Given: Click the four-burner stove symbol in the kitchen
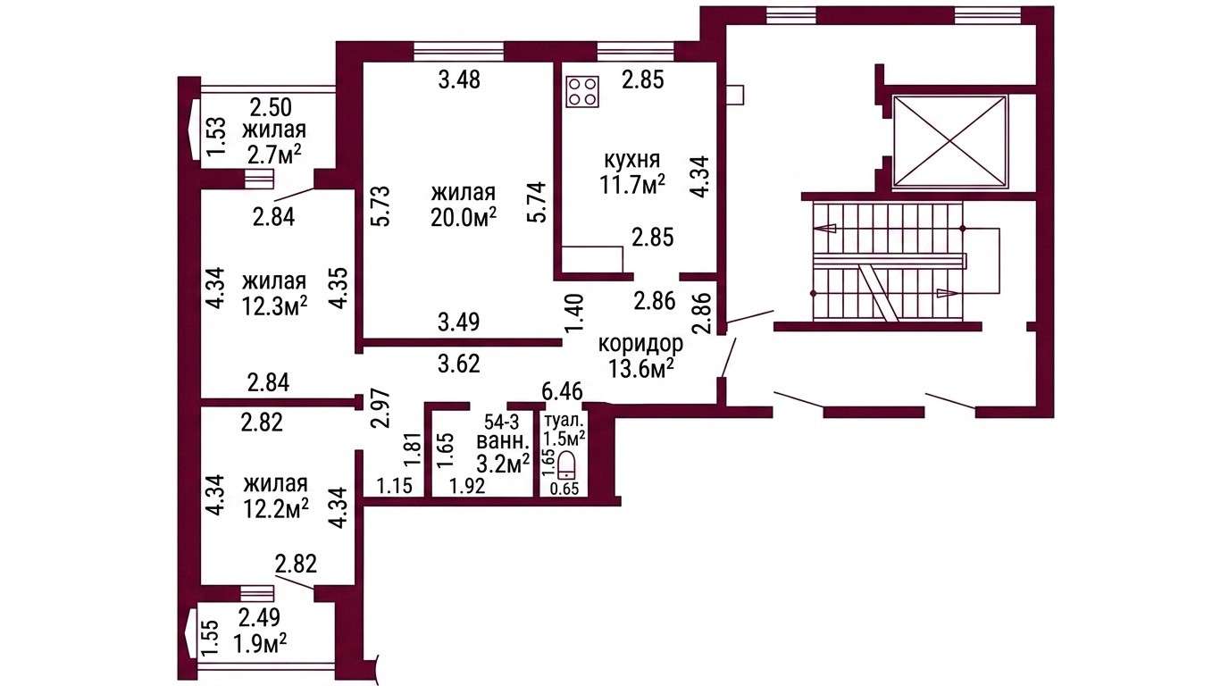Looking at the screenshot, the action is click(582, 92).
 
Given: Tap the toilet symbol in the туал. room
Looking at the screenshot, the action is click(565, 465).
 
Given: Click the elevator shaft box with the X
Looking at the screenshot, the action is click(951, 142).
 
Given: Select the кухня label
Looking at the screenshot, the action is click(631, 160).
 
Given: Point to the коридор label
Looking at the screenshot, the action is click(640, 345).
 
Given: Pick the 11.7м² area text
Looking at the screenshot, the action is click(632, 185).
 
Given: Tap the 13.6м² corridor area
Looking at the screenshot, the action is click(640, 369).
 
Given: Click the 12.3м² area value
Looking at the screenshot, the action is click(274, 306).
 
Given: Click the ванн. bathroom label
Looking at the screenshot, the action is click(503, 442).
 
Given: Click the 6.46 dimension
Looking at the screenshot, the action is click(562, 392).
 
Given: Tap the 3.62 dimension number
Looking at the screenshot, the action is click(459, 364).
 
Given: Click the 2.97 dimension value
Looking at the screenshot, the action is click(380, 408).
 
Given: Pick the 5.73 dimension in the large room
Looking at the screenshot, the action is click(381, 205).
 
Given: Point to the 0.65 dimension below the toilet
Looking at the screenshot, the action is click(564, 489).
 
